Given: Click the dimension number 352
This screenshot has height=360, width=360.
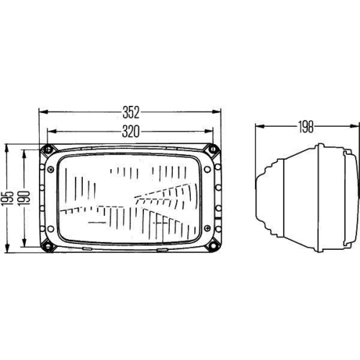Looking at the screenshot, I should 130,112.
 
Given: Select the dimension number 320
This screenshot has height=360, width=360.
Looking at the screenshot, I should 130,132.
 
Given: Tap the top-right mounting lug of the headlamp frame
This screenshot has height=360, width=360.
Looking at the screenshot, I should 213,150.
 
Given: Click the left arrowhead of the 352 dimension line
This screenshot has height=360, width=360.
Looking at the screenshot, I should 41,112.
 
